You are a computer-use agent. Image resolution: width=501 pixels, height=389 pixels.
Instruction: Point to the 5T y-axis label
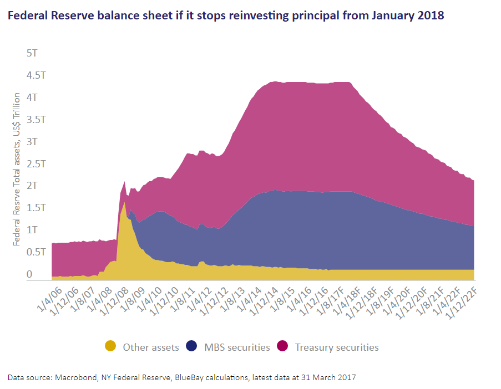tap(32, 54)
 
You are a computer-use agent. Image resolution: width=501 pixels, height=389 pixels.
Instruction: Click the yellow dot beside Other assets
tap(111, 347)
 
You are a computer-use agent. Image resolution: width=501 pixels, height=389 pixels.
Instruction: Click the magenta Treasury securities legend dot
tap(284, 347)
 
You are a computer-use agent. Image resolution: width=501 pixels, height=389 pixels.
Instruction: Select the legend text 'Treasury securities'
tap(337, 347)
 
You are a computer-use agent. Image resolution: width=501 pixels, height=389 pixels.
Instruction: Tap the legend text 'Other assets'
tap(151, 347)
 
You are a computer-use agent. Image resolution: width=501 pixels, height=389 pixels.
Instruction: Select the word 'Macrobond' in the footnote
tap(75, 377)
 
